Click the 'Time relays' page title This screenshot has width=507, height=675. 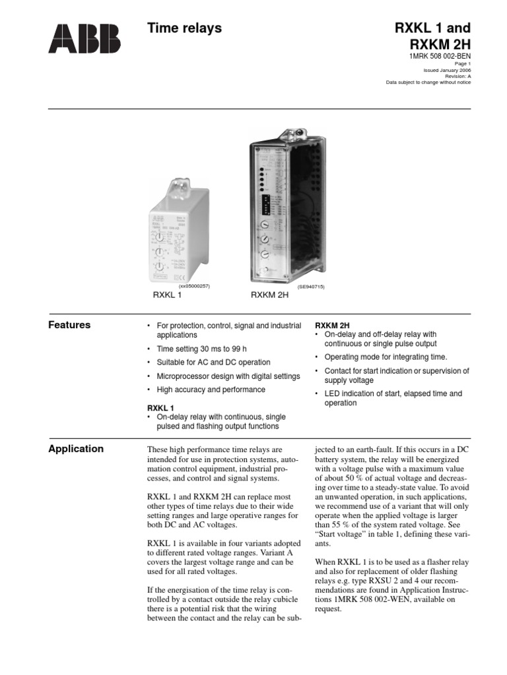[x=184, y=28]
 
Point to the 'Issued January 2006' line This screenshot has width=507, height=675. [x=447, y=69]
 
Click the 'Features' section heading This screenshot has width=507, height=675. [x=70, y=325]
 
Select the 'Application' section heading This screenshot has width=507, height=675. [x=76, y=449]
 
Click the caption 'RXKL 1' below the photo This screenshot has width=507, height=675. [x=168, y=295]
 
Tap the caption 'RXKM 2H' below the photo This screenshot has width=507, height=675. [x=270, y=295]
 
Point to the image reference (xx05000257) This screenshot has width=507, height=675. [x=194, y=287]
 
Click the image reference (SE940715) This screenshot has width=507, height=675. [x=311, y=287]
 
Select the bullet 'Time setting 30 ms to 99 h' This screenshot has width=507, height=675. [x=201, y=349]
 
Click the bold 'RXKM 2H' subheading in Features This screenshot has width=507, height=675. [x=332, y=326]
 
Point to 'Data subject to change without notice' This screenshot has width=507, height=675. [x=428, y=82]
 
